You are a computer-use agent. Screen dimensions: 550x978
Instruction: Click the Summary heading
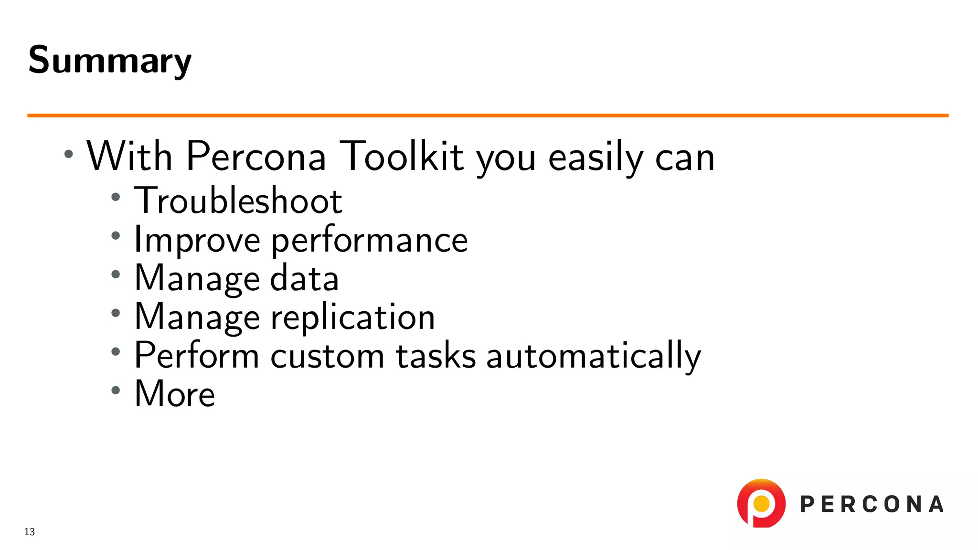pyautogui.click(x=110, y=60)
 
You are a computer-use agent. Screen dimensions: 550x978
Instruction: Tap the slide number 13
pyautogui.click(x=30, y=532)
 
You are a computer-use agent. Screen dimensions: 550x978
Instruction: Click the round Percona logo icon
pyautogui.click(x=761, y=503)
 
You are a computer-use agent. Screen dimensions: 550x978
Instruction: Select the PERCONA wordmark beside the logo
pyautogui.click(x=872, y=505)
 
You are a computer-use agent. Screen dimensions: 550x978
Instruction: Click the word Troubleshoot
pyautogui.click(x=238, y=201)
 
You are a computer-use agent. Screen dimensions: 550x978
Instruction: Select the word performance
pyautogui.click(x=370, y=240)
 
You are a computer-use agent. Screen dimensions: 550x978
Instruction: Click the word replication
pyautogui.click(x=353, y=317)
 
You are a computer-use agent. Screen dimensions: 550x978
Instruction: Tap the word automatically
pyautogui.click(x=594, y=356)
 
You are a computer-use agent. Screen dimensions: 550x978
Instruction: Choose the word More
pyautogui.click(x=175, y=394)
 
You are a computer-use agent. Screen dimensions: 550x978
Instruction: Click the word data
pyautogui.click(x=304, y=278)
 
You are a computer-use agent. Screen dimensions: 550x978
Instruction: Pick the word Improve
pyautogui.click(x=197, y=240)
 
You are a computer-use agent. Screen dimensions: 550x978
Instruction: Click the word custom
pyautogui.click(x=327, y=356)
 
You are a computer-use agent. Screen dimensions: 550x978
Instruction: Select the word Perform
pyautogui.click(x=197, y=356)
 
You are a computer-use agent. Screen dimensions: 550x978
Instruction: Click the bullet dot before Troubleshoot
pyautogui.click(x=116, y=197)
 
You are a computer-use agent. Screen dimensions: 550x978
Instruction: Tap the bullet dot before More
pyautogui.click(x=116, y=390)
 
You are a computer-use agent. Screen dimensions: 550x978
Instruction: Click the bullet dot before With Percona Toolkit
pyautogui.click(x=69, y=154)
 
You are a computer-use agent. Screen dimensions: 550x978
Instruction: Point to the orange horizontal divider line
pyautogui.click(x=487, y=115)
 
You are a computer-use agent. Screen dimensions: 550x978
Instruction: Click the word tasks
pyautogui.click(x=436, y=356)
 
